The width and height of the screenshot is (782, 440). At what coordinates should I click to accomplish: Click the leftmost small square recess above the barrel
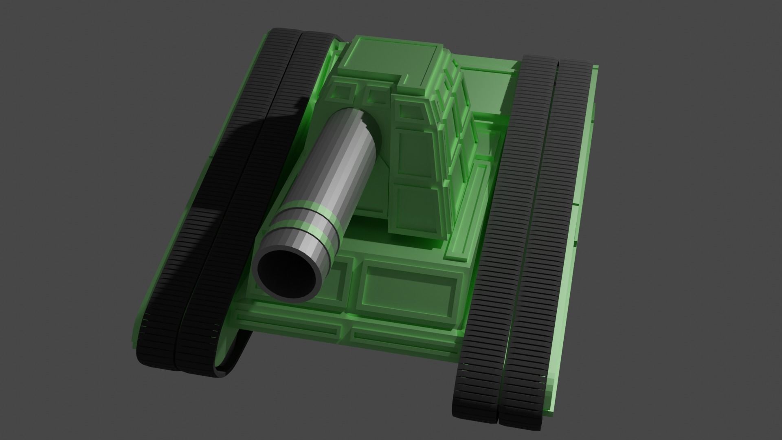(344, 92)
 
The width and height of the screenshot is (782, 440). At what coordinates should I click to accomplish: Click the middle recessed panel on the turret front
(413, 155)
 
